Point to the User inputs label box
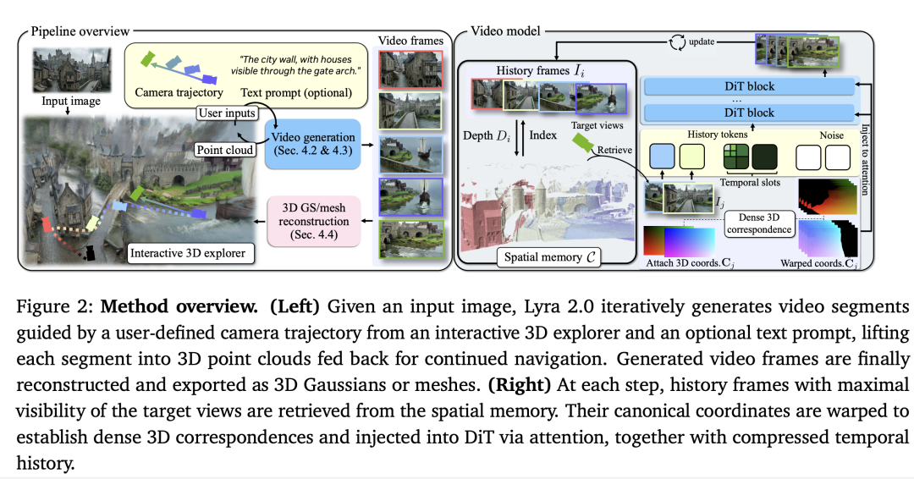[228, 113]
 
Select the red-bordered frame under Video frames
[410, 69]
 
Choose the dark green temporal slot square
[764, 157]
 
